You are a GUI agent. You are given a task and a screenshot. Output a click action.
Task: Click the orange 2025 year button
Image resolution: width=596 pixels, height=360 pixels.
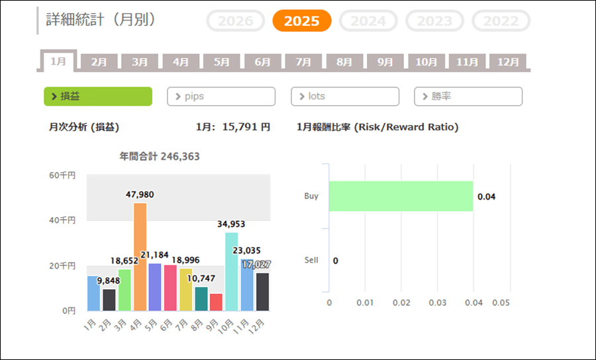click(x=301, y=21)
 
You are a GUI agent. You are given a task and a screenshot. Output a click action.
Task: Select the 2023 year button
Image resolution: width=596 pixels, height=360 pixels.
click(x=434, y=21)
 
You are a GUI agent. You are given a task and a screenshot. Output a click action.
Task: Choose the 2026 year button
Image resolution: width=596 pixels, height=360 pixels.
click(x=236, y=21)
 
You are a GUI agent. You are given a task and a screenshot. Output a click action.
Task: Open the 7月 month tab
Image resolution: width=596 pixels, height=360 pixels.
click(x=303, y=62)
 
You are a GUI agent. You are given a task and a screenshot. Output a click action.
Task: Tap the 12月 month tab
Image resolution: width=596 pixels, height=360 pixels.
click(x=508, y=62)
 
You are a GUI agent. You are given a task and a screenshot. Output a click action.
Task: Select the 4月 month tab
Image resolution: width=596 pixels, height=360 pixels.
click(x=181, y=62)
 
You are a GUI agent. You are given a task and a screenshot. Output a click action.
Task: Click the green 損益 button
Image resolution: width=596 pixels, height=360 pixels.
click(x=98, y=97)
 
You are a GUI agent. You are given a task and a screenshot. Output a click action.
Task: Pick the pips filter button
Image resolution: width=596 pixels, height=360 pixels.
click(x=221, y=97)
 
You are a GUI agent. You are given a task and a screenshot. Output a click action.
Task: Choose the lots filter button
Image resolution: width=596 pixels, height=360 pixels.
click(x=344, y=97)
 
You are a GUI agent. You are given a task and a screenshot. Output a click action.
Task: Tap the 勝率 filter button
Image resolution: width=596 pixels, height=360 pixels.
click(x=468, y=97)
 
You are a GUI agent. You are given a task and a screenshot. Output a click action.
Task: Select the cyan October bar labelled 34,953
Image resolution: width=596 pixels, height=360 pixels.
click(x=231, y=271)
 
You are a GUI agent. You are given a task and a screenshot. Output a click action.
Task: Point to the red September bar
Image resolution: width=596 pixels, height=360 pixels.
click(x=216, y=302)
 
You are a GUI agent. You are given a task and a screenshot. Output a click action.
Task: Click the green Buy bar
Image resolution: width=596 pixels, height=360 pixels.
click(x=401, y=197)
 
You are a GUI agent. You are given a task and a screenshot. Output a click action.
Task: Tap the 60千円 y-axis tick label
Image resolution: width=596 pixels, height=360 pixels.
click(x=62, y=175)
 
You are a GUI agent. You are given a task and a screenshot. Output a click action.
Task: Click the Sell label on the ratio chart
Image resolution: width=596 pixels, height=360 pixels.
click(x=311, y=260)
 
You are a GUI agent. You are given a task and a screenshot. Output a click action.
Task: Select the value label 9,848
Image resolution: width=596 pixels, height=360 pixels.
click(x=109, y=280)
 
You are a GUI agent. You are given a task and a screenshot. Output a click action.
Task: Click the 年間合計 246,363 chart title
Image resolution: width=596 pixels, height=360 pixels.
click(x=160, y=157)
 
